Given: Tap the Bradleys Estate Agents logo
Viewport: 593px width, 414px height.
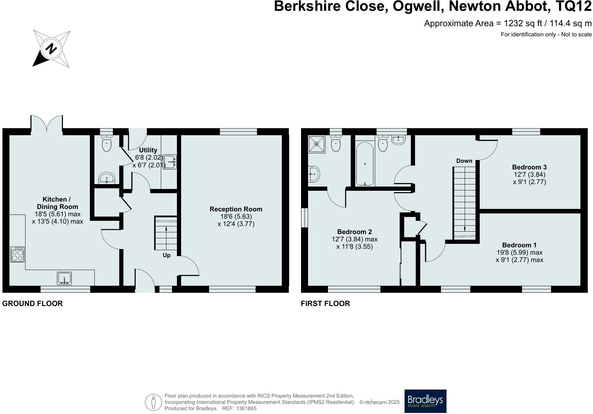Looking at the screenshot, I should [425, 401].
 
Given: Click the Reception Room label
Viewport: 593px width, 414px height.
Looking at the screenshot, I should [236, 209].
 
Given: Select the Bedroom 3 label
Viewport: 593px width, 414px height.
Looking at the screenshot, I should [529, 167].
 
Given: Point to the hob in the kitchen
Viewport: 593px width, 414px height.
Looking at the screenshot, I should [17, 254].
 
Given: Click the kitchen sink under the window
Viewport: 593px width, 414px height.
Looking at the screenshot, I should [64, 278].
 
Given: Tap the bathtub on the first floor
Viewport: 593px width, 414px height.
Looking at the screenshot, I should [365, 164].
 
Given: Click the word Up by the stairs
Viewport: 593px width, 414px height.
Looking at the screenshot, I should [166, 255].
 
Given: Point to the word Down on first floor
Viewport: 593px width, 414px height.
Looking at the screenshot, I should [464, 161].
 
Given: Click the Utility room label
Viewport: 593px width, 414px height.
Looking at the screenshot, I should [148, 150].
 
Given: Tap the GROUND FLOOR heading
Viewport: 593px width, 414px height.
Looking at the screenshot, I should [33, 303].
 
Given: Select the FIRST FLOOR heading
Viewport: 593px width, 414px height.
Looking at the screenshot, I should [325, 303].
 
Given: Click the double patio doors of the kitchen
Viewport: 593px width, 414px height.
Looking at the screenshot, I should [47, 124].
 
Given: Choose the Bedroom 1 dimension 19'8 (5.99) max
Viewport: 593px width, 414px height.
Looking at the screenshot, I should [519, 252].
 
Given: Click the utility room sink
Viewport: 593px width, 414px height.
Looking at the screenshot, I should [170, 162].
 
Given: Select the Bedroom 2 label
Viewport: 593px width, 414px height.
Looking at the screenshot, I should [354, 232].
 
